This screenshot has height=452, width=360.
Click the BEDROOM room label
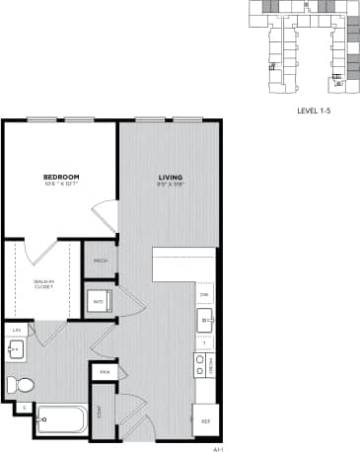point(61,177)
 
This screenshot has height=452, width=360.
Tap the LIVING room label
point(171,178)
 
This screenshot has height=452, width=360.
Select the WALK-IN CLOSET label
point(42,283)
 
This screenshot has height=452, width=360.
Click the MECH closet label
point(101,262)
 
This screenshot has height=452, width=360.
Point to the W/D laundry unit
point(100,302)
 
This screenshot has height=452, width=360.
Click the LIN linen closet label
point(15,330)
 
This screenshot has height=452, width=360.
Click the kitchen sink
point(205,317)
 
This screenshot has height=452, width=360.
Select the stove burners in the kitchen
point(200,366)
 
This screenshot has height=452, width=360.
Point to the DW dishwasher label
point(205,295)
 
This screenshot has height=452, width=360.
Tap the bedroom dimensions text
point(61,185)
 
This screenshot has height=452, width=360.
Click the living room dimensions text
point(171,186)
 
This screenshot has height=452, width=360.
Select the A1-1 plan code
point(217,445)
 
